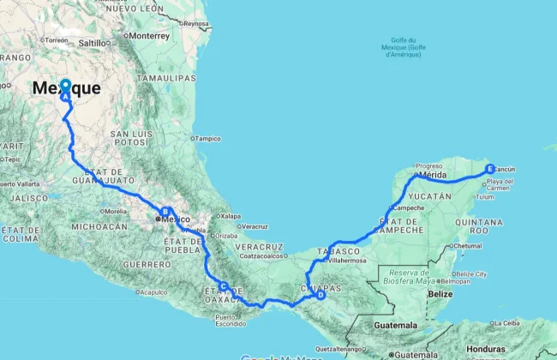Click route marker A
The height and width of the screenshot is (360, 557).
65,87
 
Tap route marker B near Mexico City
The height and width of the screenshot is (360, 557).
165,211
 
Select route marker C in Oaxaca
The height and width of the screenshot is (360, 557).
224,286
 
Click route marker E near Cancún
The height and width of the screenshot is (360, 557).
490,168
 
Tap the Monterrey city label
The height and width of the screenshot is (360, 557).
151,36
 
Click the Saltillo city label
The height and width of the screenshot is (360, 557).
94,42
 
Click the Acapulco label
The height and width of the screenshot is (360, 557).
153,291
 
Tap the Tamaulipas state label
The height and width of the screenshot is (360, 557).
169,77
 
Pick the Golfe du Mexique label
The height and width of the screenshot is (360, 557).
403,47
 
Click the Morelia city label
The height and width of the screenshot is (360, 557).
114,211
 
